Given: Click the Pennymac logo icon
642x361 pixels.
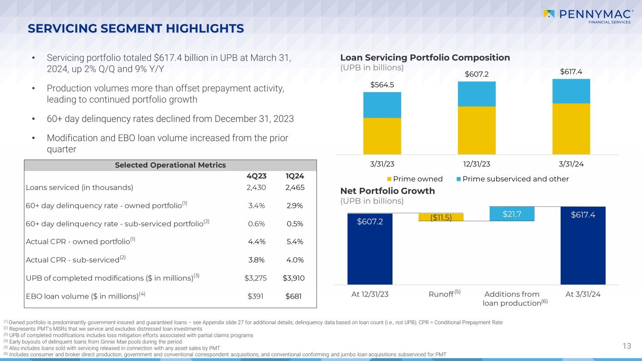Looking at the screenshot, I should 549,14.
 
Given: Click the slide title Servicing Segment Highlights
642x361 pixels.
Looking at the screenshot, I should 136,29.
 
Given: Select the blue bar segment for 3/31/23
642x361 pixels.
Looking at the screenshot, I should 382,105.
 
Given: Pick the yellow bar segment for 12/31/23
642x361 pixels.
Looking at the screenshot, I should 477,130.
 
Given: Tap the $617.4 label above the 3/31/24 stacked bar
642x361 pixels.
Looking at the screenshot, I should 571,72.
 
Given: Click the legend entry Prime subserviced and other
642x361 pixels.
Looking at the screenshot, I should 513,179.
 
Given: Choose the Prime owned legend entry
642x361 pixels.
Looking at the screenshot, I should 415,179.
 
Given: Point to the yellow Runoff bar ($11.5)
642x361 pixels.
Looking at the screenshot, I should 441,217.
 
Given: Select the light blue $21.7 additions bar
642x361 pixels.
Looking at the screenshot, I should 512,214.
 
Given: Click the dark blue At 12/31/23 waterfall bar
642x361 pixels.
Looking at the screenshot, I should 370,249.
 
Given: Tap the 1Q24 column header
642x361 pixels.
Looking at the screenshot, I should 295,176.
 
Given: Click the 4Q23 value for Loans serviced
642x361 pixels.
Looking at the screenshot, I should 256,187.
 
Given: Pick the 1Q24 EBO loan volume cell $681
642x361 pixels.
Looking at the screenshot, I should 294,296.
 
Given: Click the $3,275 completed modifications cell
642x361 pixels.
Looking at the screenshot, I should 256,278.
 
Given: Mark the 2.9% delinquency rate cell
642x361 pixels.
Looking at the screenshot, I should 294,206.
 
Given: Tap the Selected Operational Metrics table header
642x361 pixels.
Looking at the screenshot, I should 170,165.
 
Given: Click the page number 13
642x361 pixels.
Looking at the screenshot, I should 627,346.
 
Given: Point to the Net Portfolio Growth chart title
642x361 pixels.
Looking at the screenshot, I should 387,191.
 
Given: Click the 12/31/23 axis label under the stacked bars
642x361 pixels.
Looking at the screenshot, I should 477,164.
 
